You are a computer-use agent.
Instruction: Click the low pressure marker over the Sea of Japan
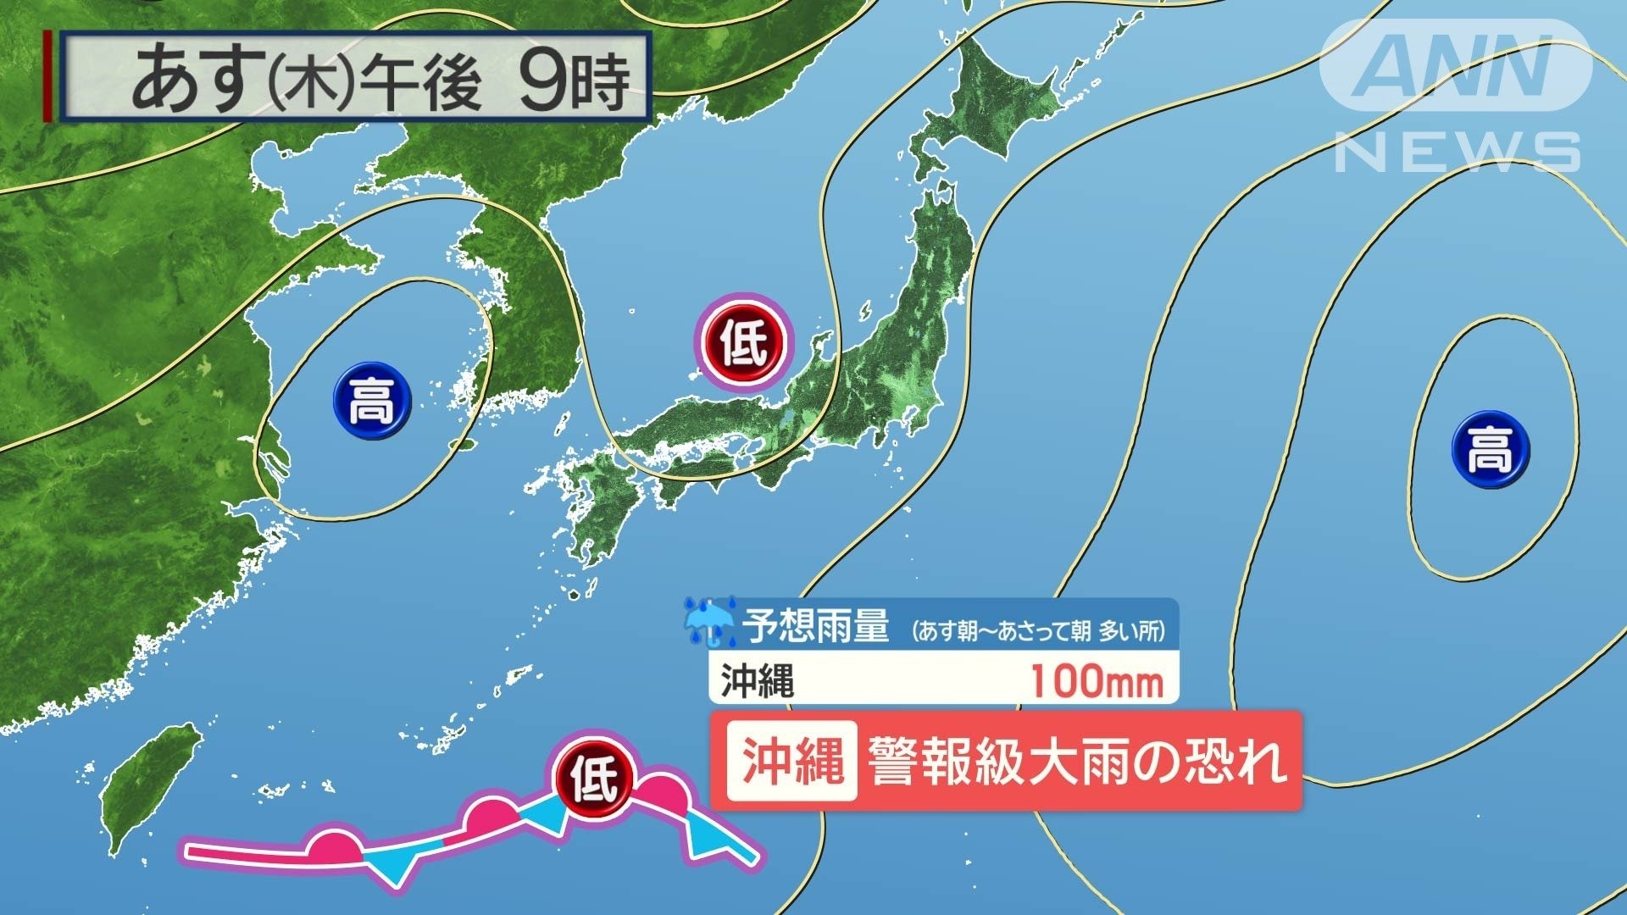(x=743, y=342)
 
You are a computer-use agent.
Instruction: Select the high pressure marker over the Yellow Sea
(x=371, y=401)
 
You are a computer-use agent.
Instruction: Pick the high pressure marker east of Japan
(x=1491, y=449)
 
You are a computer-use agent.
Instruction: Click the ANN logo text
(x=1455, y=65)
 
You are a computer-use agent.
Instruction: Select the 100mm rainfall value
(x=1097, y=681)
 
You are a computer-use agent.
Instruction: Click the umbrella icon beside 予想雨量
(x=710, y=622)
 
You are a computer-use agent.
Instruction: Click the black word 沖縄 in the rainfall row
(x=758, y=681)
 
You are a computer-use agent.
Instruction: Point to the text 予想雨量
(x=815, y=627)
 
